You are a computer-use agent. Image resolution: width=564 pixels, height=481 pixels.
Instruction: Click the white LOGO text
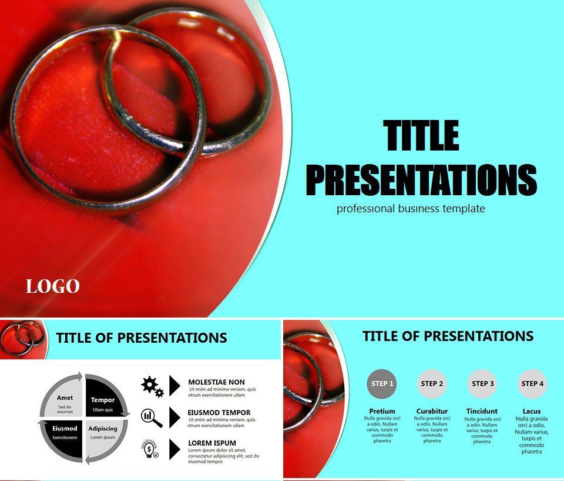click(x=52, y=286)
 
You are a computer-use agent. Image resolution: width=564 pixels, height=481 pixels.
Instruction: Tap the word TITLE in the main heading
click(x=421, y=135)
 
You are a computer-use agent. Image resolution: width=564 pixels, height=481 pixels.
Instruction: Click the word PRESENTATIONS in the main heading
click(x=421, y=180)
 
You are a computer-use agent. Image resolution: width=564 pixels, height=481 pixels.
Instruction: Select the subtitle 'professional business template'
click(x=411, y=208)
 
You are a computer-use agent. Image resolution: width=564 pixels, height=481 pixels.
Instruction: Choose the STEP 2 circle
click(x=432, y=384)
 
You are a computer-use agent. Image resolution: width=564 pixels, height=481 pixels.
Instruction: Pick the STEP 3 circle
click(x=482, y=384)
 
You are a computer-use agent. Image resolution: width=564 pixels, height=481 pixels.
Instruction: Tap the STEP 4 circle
click(x=532, y=384)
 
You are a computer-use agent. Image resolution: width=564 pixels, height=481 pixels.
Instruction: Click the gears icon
click(x=152, y=386)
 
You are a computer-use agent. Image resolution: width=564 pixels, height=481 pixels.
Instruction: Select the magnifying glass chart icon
click(x=152, y=417)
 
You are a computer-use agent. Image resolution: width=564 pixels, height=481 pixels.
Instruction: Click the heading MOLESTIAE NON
click(x=216, y=382)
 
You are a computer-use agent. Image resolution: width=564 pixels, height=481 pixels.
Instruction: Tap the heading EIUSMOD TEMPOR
click(x=219, y=413)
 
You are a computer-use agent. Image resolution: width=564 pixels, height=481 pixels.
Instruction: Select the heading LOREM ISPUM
click(x=212, y=443)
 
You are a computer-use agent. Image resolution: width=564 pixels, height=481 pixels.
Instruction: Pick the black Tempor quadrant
click(x=104, y=400)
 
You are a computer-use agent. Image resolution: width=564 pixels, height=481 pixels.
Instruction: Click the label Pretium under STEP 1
click(x=382, y=411)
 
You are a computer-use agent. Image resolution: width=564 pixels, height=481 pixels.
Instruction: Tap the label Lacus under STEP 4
click(x=532, y=411)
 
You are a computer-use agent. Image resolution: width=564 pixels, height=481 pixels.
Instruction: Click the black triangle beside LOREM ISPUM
click(x=174, y=449)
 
